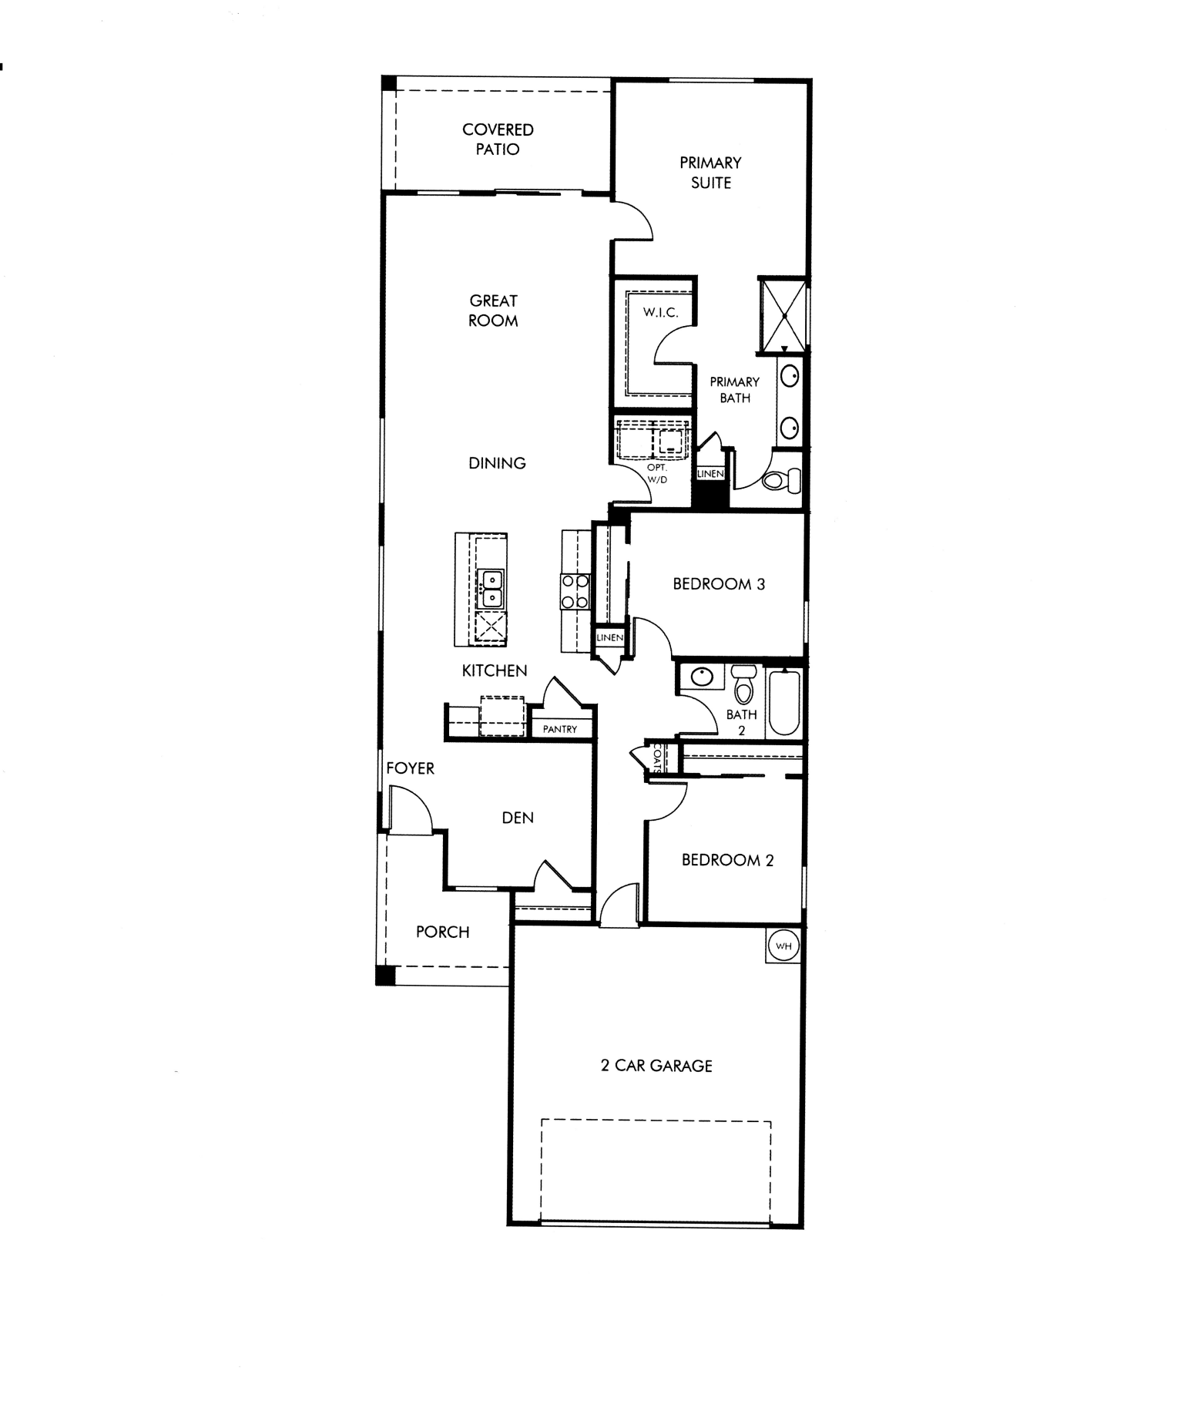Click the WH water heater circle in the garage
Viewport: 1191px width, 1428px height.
point(783,946)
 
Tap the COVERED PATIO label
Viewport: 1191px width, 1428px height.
point(498,139)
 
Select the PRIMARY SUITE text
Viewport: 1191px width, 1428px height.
point(710,173)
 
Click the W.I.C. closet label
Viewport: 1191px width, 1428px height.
point(660,313)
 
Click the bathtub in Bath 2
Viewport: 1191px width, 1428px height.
point(784,701)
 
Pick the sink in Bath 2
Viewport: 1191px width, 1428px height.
point(702,677)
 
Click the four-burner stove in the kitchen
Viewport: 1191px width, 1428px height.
point(575,591)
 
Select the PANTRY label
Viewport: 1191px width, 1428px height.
point(560,729)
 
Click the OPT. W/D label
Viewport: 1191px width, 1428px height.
point(656,474)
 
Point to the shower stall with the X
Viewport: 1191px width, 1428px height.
point(783,315)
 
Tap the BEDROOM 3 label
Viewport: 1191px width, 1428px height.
point(719,584)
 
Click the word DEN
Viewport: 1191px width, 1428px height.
point(518,818)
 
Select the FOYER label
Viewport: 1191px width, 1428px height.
point(410,768)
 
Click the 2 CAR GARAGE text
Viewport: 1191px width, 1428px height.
point(656,1066)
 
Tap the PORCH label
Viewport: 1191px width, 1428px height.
point(442,932)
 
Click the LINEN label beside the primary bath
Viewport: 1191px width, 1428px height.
point(710,474)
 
